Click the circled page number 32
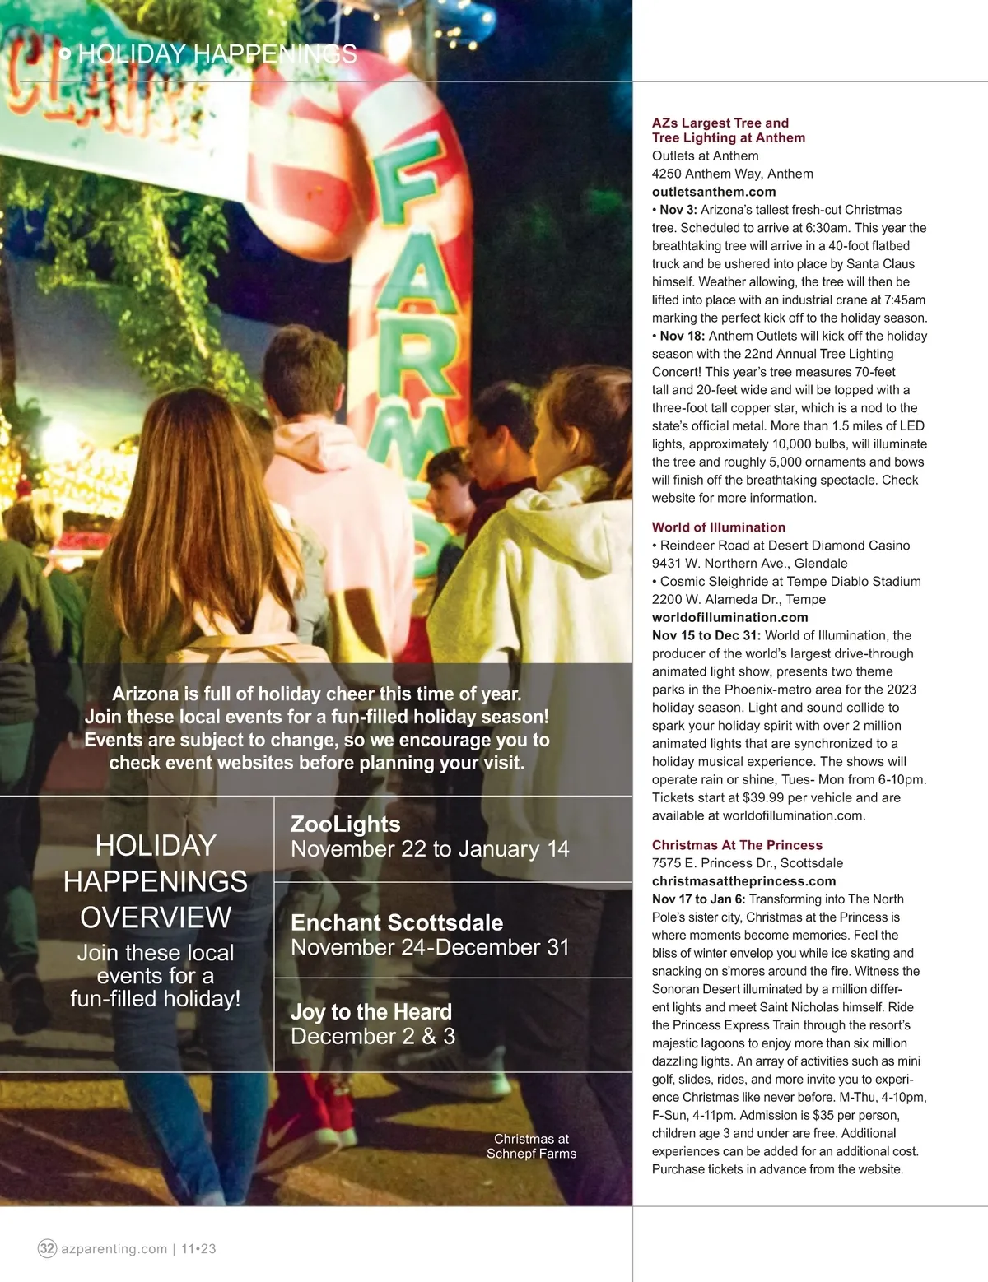click(48, 1248)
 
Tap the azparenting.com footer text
click(114, 1248)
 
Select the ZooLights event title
click(346, 824)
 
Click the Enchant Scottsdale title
click(397, 922)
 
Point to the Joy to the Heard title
click(371, 1011)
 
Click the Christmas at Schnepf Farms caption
click(531, 1146)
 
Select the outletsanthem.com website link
click(714, 192)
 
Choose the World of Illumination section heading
click(719, 527)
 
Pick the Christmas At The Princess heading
click(737, 845)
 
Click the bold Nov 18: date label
click(682, 336)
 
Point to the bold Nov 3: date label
click(678, 210)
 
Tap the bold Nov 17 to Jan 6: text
click(698, 899)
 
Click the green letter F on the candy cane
click(406, 189)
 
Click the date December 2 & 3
click(373, 1036)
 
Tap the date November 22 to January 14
click(430, 848)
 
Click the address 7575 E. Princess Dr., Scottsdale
click(748, 863)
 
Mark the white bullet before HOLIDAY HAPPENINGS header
click(65, 54)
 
